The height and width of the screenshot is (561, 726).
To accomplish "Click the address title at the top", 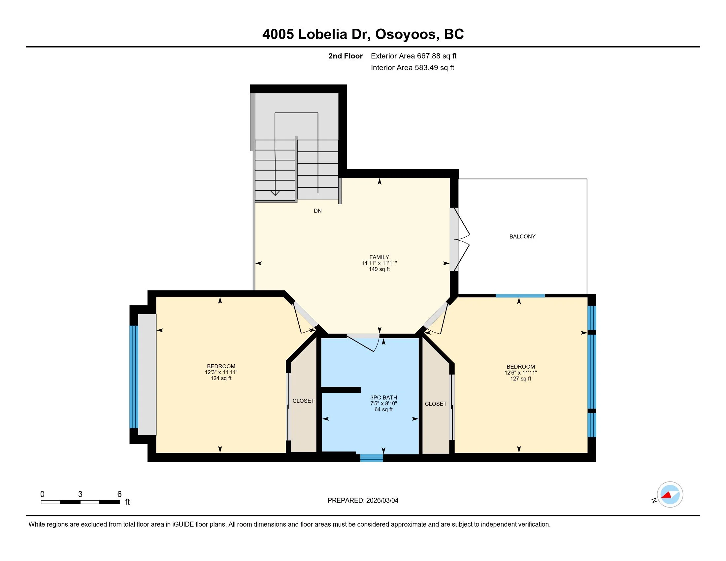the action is tap(363, 34).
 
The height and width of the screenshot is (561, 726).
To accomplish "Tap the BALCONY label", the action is tap(522, 237).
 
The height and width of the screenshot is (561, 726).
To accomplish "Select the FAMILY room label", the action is tap(379, 257).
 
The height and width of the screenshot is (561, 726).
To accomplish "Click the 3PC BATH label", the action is tap(383, 398).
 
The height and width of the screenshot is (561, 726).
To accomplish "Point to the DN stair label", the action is tap(318, 211).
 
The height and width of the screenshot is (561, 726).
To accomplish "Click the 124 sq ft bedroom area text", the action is tap(221, 378).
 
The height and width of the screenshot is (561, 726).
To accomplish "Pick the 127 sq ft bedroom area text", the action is tap(520, 379).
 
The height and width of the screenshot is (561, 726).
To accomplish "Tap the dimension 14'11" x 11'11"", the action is tap(379, 263).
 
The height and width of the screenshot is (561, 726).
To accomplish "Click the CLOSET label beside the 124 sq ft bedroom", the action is tap(304, 401).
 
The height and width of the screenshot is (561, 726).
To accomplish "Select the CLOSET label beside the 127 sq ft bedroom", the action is tap(436, 404).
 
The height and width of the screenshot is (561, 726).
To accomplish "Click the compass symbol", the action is tap(670, 495).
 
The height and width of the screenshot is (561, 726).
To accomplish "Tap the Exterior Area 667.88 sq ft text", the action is tap(413, 56).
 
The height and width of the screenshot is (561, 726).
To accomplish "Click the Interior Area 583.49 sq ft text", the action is tap(412, 67).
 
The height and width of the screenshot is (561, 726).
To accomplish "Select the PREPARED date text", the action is tap(363, 501).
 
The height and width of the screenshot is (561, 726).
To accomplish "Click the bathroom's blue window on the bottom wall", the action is tap(372, 458).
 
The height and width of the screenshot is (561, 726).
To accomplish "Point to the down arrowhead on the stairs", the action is tap(275, 193).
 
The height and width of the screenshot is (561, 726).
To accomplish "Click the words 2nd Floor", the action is tap(346, 56).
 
